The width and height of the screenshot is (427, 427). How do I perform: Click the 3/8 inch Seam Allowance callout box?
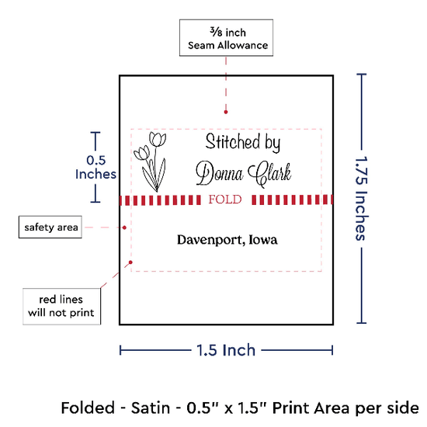[x=226, y=38]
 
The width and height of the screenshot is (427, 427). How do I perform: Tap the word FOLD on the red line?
[x=225, y=200]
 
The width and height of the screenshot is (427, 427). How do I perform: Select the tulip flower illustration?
[x=150, y=161]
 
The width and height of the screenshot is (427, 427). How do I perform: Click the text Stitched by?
[x=243, y=142]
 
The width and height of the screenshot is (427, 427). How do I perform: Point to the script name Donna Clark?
[x=244, y=173]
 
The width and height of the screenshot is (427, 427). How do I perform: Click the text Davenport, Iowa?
[x=227, y=240]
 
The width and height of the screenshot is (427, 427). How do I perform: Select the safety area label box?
[x=50, y=227]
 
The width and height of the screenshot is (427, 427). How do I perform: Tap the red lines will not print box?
[x=61, y=307]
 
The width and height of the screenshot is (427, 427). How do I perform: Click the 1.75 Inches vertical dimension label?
[x=362, y=199]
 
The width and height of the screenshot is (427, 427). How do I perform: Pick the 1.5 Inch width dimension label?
[x=226, y=350]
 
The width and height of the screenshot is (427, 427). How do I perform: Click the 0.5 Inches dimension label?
[x=95, y=167]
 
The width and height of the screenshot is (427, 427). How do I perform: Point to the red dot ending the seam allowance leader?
[x=226, y=112]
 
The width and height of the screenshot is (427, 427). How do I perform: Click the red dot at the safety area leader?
[x=124, y=227]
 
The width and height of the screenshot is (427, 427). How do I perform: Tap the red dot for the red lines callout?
[x=130, y=262]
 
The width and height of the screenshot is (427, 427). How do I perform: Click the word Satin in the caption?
[x=151, y=408]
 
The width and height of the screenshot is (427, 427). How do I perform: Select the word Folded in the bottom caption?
[x=88, y=408]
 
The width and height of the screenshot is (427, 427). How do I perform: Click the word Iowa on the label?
[x=263, y=240]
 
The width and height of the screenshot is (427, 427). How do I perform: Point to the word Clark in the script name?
[x=269, y=174]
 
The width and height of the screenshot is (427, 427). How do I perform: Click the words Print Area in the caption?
[x=310, y=408]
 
